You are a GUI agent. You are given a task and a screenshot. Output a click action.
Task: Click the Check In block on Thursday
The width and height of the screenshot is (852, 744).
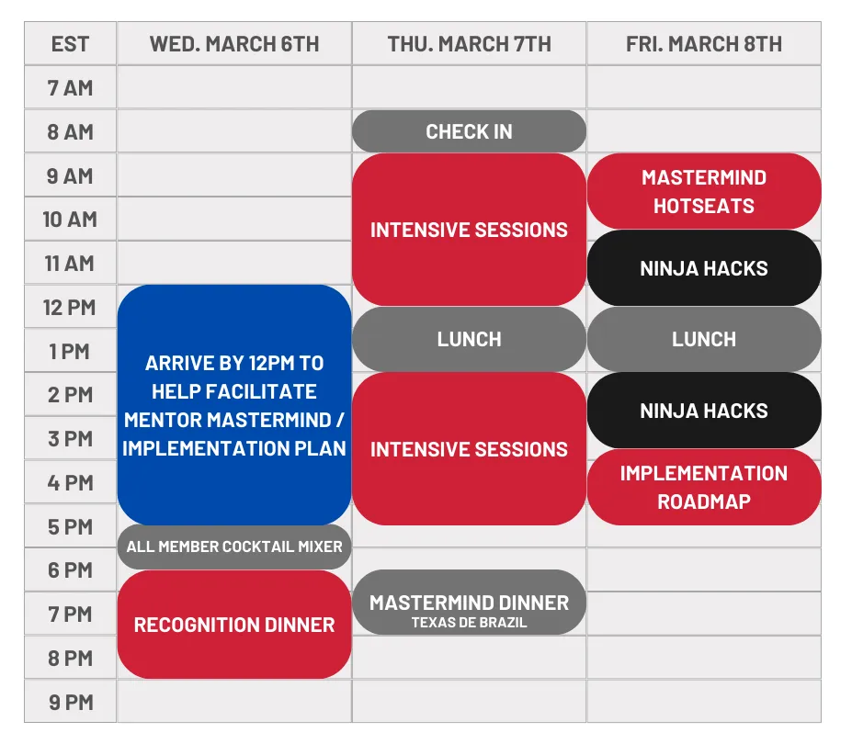[469, 131]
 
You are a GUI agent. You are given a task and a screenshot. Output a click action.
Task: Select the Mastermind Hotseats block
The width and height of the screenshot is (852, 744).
[704, 191]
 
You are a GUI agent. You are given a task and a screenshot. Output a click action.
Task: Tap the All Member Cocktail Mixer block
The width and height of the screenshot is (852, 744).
[234, 547]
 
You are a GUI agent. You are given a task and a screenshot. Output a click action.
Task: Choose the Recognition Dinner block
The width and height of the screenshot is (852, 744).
[234, 625]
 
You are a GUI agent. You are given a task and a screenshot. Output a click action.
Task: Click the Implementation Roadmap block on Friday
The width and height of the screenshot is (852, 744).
[704, 487]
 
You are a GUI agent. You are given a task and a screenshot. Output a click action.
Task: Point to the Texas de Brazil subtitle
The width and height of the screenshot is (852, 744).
[469, 623]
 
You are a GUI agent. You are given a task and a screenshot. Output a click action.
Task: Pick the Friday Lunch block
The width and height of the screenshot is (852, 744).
[704, 340]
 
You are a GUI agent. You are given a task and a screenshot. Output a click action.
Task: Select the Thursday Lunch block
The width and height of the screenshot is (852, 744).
[469, 340]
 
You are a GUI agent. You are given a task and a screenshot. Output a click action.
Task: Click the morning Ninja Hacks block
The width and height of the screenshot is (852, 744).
[704, 268]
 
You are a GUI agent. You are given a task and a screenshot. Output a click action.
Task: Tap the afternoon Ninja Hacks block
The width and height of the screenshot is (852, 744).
[704, 411]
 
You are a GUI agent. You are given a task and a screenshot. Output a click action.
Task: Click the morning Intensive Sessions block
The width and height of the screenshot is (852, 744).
[469, 230]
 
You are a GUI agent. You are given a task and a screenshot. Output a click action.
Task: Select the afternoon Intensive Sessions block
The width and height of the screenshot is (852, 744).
[469, 449]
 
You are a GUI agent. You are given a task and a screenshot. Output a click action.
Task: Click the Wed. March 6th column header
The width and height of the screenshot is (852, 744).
[234, 44]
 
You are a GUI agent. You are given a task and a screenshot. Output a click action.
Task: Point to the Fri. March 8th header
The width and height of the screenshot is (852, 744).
[704, 44]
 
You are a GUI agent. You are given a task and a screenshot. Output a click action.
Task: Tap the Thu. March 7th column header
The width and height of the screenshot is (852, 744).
[469, 44]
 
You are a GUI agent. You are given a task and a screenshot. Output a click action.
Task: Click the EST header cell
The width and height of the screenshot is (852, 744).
[70, 44]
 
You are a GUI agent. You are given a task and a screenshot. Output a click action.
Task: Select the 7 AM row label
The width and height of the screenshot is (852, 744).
[70, 88]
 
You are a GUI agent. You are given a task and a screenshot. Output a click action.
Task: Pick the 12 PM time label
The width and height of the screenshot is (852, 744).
[70, 308]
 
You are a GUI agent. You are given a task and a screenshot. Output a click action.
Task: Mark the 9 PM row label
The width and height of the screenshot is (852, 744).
[71, 702]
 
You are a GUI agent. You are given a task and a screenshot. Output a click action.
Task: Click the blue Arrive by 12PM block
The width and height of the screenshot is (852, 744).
[234, 404]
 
